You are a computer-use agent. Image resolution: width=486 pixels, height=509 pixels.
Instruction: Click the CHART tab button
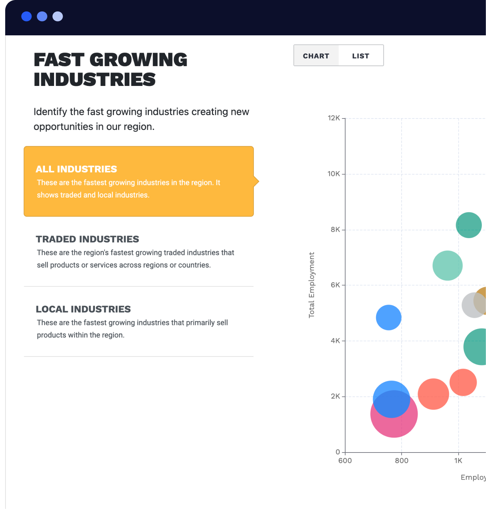click(316, 56)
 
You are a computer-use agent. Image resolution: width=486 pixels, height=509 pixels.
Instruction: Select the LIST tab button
click(361, 56)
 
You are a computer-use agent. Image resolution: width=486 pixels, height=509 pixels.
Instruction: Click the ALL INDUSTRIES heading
click(76, 169)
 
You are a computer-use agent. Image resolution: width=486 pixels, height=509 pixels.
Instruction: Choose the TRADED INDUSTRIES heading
click(87, 239)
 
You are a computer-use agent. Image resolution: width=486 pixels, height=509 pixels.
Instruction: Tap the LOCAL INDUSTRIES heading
click(83, 309)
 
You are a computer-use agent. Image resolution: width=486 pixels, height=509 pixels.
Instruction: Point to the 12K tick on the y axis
click(334, 118)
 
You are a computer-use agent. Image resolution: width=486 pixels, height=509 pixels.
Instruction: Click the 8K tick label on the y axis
click(335, 229)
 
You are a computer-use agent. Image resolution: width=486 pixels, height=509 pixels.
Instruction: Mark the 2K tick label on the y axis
click(335, 396)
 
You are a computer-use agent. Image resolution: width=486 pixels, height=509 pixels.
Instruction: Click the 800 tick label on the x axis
click(401, 460)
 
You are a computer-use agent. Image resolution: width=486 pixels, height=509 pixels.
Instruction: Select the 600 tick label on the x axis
click(345, 460)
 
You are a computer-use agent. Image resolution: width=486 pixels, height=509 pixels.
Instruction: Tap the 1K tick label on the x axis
click(458, 460)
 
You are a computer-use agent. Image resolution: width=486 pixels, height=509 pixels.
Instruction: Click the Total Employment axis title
click(312, 285)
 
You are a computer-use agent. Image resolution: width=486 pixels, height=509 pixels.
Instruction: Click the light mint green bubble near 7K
click(448, 265)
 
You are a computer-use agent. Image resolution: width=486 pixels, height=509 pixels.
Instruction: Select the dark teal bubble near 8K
click(469, 225)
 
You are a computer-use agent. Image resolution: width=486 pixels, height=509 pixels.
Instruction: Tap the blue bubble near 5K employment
click(389, 317)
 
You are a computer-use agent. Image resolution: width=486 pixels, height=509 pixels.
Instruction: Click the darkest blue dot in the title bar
click(26, 17)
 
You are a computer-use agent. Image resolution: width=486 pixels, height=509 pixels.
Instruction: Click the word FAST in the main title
click(59, 60)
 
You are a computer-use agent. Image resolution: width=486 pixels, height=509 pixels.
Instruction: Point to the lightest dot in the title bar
click(58, 17)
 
